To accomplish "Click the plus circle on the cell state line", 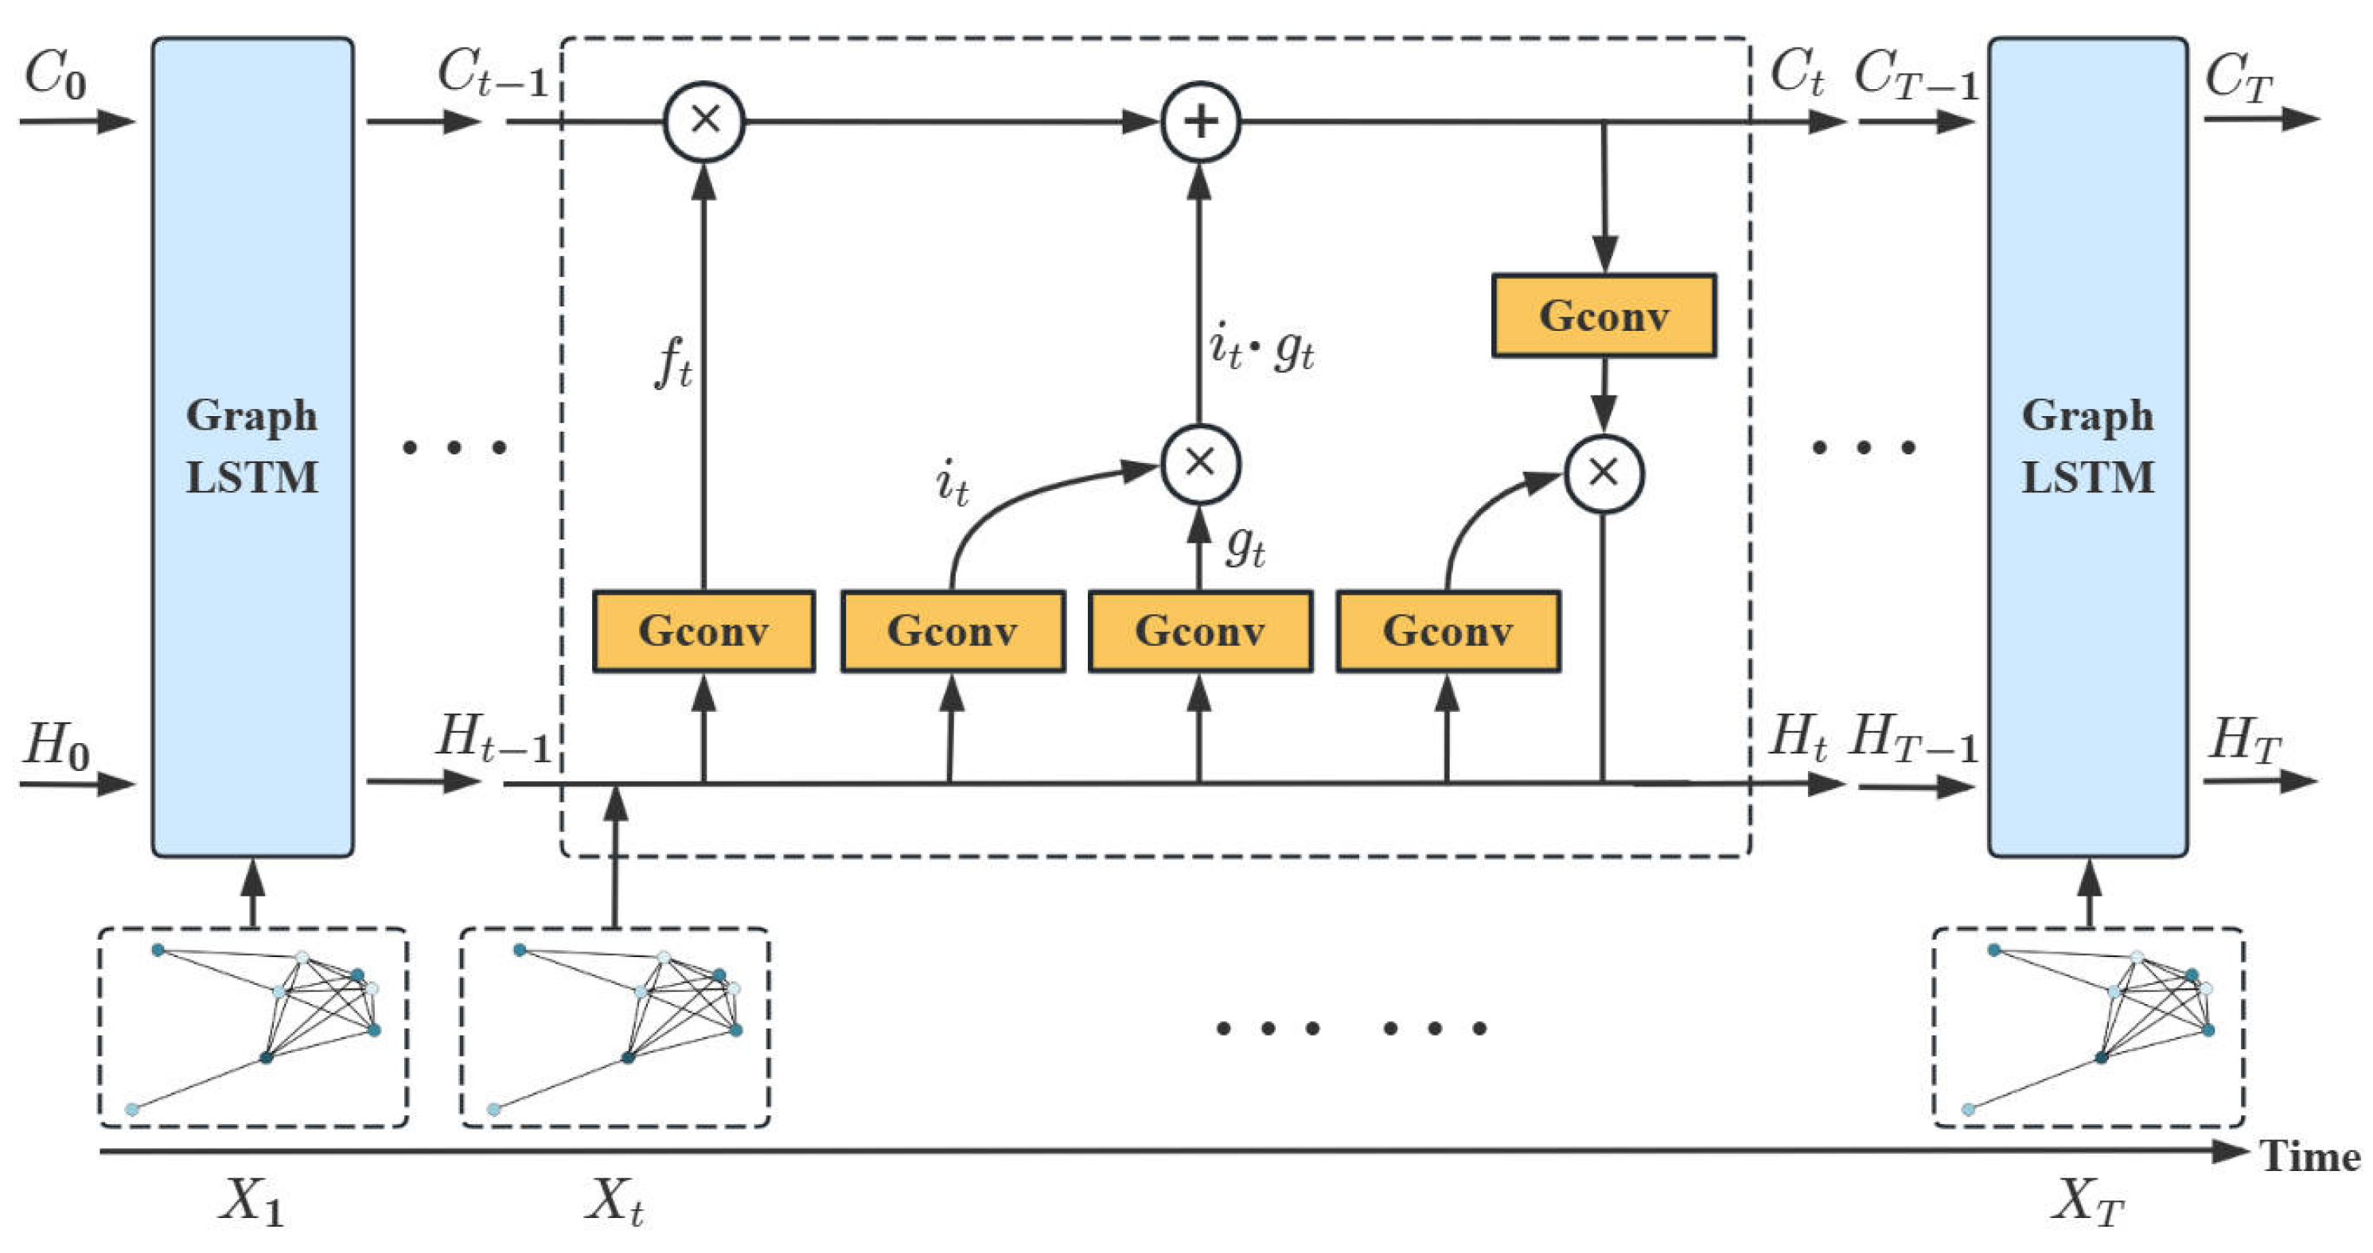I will (1199, 122).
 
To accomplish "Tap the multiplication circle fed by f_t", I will (705, 122).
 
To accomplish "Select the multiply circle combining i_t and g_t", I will (1199, 463).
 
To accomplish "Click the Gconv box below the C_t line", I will (1603, 316).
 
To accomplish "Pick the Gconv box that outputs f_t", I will (703, 632).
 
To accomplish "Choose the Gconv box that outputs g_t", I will (1199, 632).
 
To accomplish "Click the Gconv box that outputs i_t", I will (953, 632).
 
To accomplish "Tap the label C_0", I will (55, 74).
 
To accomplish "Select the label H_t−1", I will (493, 739).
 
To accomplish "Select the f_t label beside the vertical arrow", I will (673, 364).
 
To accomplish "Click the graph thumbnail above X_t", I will (614, 1027).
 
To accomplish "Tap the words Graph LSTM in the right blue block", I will (2087, 446).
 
